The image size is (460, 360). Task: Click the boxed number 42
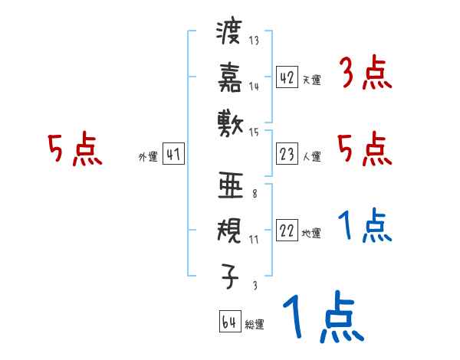[x=287, y=77]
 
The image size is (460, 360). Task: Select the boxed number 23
[x=287, y=155]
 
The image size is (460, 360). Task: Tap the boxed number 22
[x=287, y=231]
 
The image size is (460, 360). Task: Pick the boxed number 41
[x=173, y=154]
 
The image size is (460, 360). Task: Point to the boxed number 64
[x=229, y=322]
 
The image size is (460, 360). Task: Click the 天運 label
[x=311, y=80]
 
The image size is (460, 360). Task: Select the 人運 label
[x=311, y=157]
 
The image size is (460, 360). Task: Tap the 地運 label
[x=311, y=234]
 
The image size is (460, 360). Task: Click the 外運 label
[x=147, y=157]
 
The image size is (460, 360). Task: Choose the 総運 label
[x=254, y=325]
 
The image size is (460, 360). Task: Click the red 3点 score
[x=364, y=75]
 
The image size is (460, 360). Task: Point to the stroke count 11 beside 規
[x=254, y=239]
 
